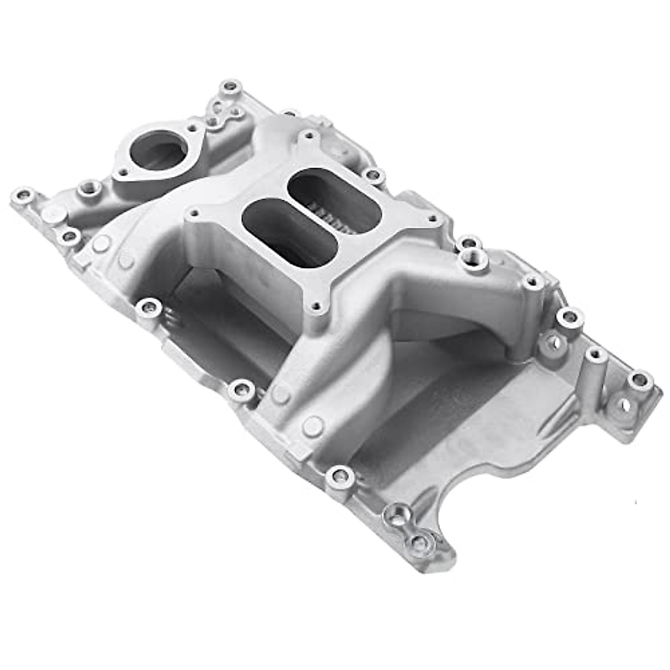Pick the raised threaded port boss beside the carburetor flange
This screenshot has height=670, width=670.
[x=475, y=258]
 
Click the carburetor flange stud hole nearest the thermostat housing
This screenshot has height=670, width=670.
[x=194, y=213]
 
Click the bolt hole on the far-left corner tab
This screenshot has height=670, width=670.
[x=23, y=195]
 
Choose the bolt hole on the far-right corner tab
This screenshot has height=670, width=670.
[x=640, y=381]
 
